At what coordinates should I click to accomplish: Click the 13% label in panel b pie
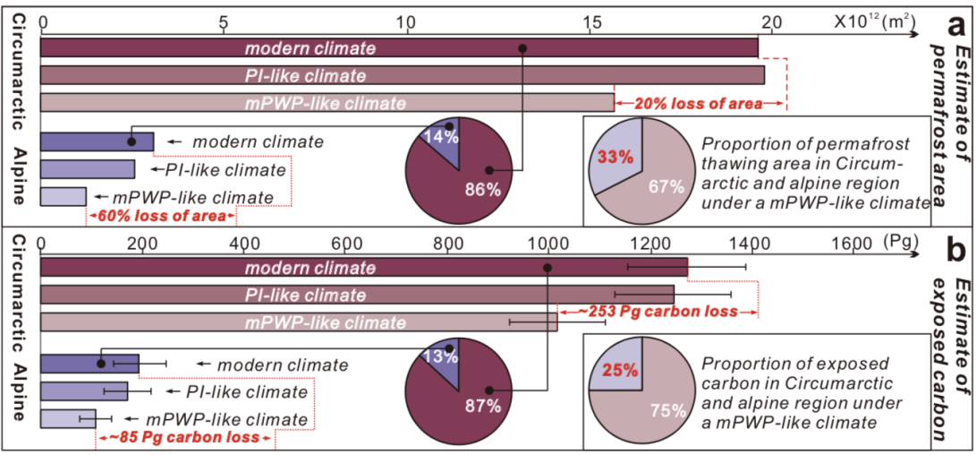point(442,356)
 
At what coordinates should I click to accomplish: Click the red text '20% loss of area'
point(711,104)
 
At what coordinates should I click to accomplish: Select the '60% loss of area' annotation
point(160,216)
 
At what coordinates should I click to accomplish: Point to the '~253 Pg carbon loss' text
point(656,312)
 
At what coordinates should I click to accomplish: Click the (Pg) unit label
point(898,242)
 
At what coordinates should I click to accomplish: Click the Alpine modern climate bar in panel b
point(89,363)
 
